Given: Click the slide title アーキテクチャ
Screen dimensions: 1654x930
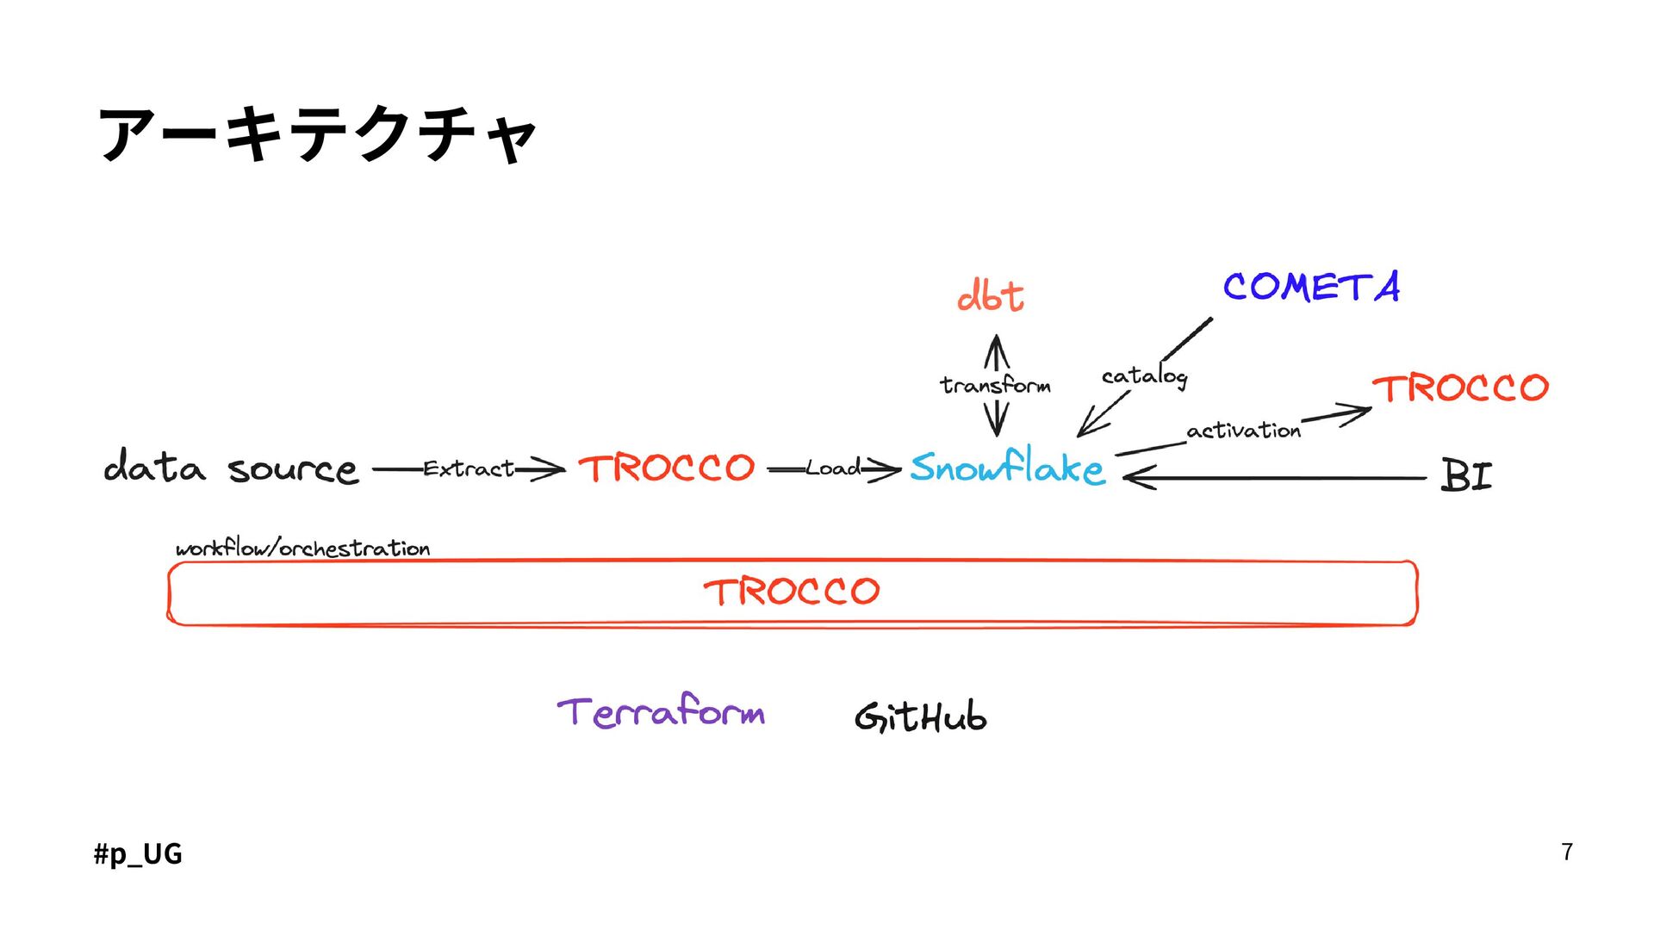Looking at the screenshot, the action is (x=317, y=134).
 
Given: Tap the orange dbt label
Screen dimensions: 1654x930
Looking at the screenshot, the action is (x=990, y=296).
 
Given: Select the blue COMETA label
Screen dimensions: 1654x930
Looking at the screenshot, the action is (x=1310, y=287).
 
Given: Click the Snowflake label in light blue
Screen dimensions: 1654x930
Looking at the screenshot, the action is (x=1006, y=468).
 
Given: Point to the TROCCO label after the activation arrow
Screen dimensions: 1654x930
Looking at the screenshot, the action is (x=1460, y=388).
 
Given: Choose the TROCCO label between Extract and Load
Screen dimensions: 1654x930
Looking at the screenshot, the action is (x=666, y=468).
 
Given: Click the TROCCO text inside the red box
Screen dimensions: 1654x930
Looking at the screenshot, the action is (x=791, y=592).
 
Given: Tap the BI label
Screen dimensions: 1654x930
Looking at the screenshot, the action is (x=1465, y=475).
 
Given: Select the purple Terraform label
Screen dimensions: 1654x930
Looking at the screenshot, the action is (x=661, y=712).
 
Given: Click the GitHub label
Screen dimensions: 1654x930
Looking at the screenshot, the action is (x=920, y=716).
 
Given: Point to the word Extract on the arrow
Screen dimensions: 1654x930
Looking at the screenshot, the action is (x=468, y=469).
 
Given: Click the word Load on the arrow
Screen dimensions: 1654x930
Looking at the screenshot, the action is (x=832, y=469).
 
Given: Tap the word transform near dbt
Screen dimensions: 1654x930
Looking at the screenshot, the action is (x=995, y=385).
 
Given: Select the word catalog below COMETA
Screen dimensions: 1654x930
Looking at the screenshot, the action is (x=1144, y=376).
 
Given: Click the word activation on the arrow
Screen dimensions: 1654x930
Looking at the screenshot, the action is (x=1243, y=430).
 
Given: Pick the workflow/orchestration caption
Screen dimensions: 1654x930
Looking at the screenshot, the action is (x=302, y=549).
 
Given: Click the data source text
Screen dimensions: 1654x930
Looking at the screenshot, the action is (x=230, y=468).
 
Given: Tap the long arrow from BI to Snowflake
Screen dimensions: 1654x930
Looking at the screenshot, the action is (x=1275, y=477).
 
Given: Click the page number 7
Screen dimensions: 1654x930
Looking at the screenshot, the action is (x=1567, y=852).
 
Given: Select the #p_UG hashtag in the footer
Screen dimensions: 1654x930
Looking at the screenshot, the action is (x=138, y=853).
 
